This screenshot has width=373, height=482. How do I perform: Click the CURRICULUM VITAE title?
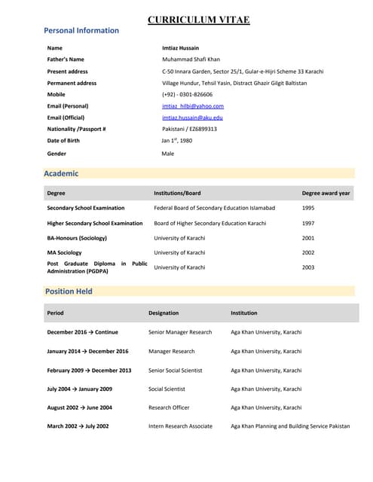point(198,20)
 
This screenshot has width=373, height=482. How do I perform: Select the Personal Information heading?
point(81,31)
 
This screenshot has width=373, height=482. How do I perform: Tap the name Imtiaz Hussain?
point(181,47)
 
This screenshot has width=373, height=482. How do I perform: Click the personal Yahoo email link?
point(193,106)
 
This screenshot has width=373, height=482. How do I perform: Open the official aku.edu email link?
point(192,117)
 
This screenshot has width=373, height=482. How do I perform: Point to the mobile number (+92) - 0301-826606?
point(187,95)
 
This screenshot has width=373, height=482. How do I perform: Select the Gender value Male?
point(168,154)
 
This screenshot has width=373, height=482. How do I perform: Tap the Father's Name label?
point(66,59)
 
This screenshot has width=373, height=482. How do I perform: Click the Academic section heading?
point(61,173)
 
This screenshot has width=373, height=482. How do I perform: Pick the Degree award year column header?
point(326,194)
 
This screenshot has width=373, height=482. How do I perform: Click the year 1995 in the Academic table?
point(308,208)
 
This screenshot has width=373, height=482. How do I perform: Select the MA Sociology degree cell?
point(65,253)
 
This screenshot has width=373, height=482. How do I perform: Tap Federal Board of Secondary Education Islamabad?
point(215,208)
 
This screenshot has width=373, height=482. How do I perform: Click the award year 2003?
point(308,267)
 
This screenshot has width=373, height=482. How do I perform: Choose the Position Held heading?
point(69,291)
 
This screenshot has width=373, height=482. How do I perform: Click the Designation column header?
point(164,313)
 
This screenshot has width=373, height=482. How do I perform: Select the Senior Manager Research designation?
point(180,332)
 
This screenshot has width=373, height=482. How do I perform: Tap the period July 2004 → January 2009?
point(80,389)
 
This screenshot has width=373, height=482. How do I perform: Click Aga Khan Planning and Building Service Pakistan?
point(290,426)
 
